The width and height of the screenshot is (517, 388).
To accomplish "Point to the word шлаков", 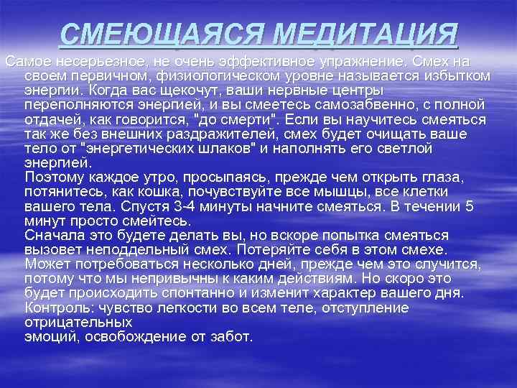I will click(233, 149).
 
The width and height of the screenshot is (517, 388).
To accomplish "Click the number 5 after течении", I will click(469, 206).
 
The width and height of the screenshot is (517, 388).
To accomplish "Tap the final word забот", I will click(231, 336).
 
